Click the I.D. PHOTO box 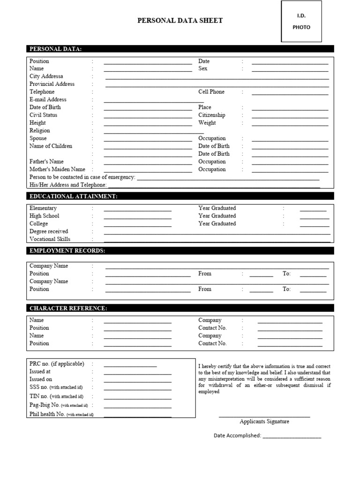point(301,22)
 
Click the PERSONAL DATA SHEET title point(180,21)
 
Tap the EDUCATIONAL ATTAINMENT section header point(74,196)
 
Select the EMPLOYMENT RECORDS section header point(67,251)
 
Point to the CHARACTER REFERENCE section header point(68,308)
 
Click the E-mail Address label point(48,99)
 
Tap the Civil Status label point(43,115)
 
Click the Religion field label point(39,130)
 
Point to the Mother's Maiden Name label point(57,169)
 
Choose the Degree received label point(48,231)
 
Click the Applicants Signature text point(264,421)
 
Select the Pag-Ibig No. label point(45,405)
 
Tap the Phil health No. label point(47,414)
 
